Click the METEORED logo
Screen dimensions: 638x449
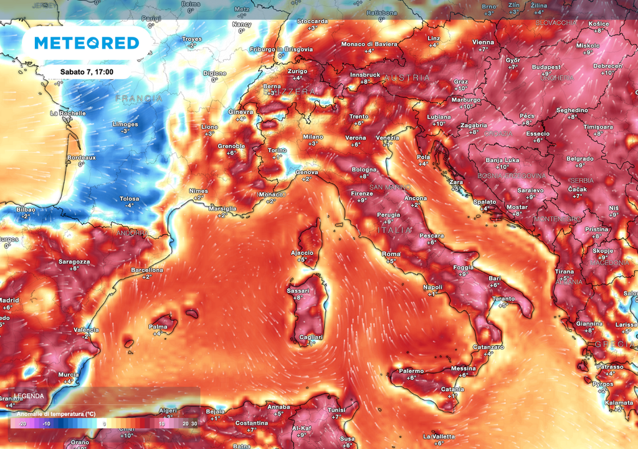coord(86,43)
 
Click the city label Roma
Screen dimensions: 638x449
coord(391,254)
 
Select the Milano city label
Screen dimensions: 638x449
coord(313,137)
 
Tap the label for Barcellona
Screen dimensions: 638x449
coord(147,270)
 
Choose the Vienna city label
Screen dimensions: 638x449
coord(483,42)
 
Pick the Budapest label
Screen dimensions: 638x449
coord(546,67)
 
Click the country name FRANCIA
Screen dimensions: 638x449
coord(138,99)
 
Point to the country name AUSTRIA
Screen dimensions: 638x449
coord(407,78)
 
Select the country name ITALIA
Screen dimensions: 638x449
coord(394,230)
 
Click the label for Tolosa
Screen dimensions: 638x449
coord(130,199)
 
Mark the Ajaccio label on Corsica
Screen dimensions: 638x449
coord(302,253)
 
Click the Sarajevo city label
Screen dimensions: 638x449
coord(530,190)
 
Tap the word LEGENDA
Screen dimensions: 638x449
coord(29,396)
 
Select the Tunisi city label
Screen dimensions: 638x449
coord(336,410)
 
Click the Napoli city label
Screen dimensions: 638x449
coord(432,287)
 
